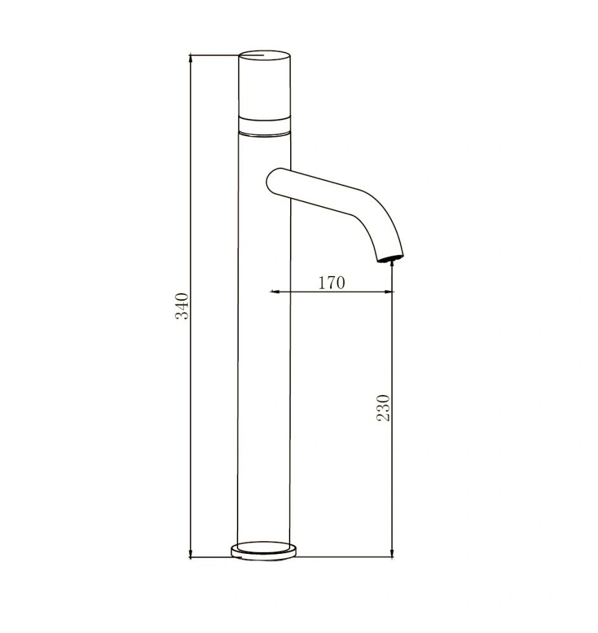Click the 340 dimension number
182,306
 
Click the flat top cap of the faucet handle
265,56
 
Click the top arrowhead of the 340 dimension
191,59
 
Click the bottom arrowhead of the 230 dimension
393,553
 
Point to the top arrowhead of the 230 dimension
393,265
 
